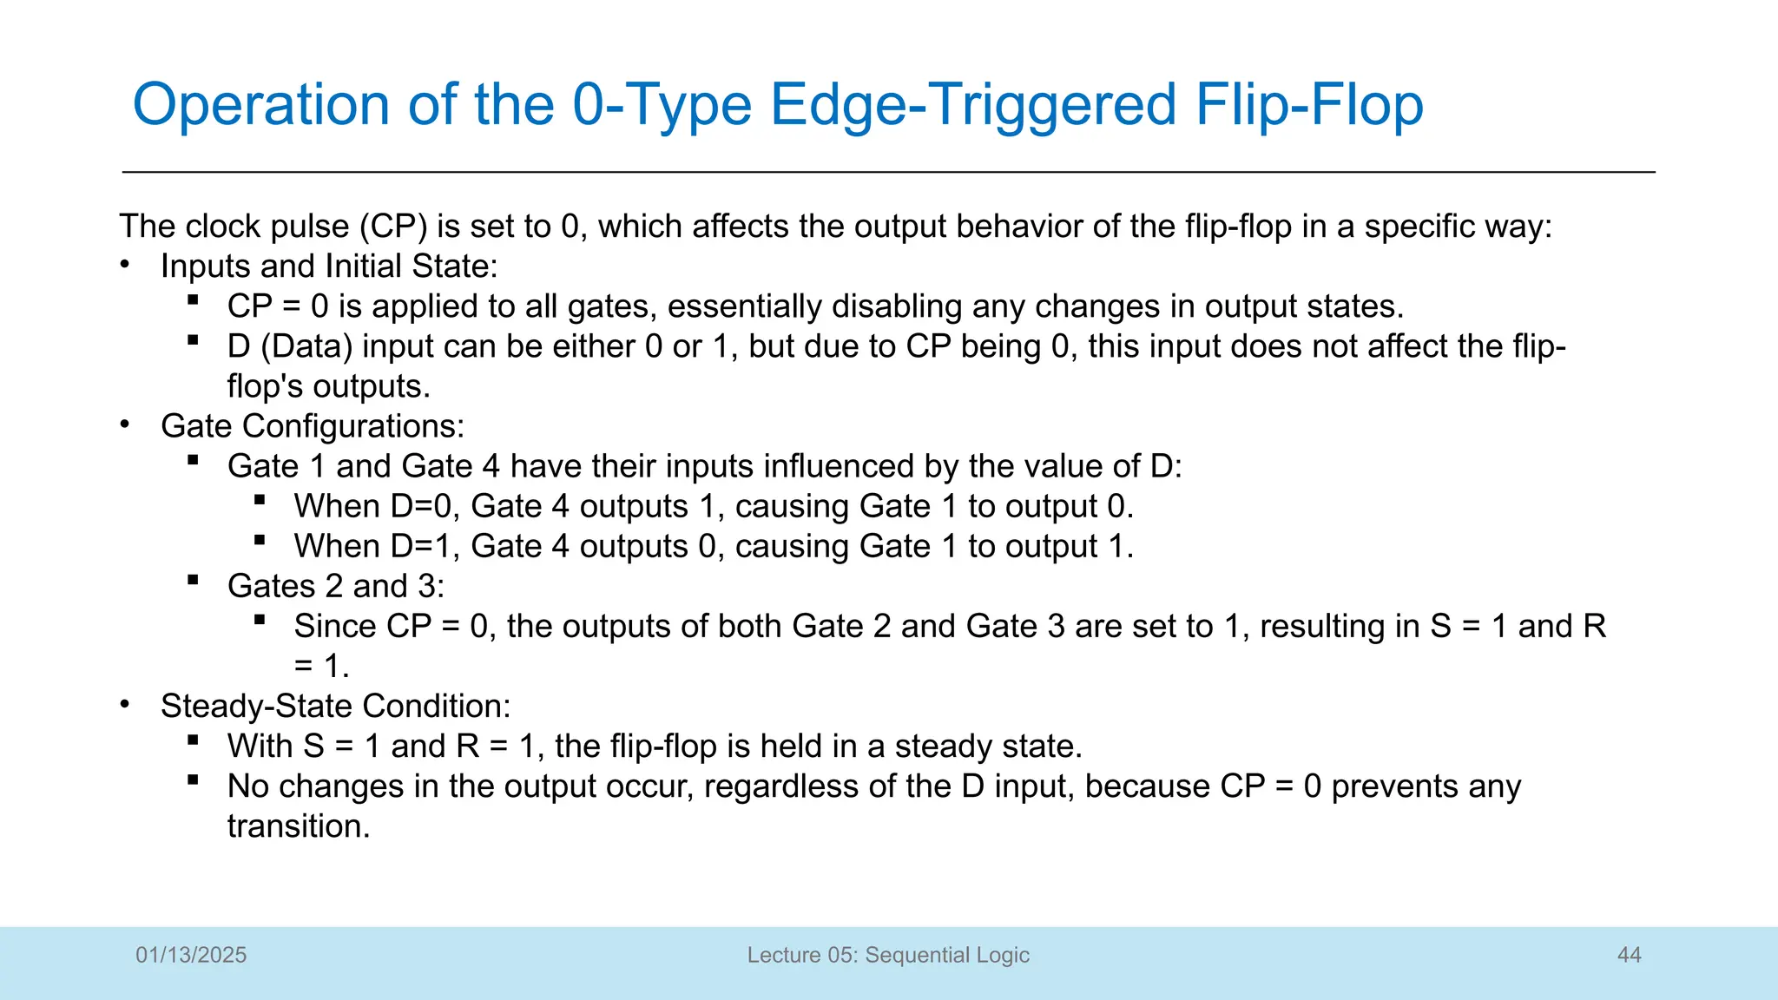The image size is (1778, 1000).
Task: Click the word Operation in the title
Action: [260, 105]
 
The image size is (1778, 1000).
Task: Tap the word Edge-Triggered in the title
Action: [973, 105]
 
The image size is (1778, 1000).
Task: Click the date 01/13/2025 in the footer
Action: [191, 955]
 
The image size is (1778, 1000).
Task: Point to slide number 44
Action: [1629, 955]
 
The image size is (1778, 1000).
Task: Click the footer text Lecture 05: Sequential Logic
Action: [888, 955]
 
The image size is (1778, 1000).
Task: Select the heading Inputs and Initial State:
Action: [329, 266]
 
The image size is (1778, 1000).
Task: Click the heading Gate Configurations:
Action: [313, 426]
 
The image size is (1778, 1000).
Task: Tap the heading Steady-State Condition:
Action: [336, 706]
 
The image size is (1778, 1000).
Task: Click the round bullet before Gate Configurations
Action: [125, 424]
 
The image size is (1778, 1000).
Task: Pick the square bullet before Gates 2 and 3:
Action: [193, 580]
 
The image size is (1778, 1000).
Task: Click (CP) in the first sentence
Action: [393, 227]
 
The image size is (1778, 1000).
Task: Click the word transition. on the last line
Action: [299, 826]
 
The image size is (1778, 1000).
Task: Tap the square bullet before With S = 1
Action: [193, 740]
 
